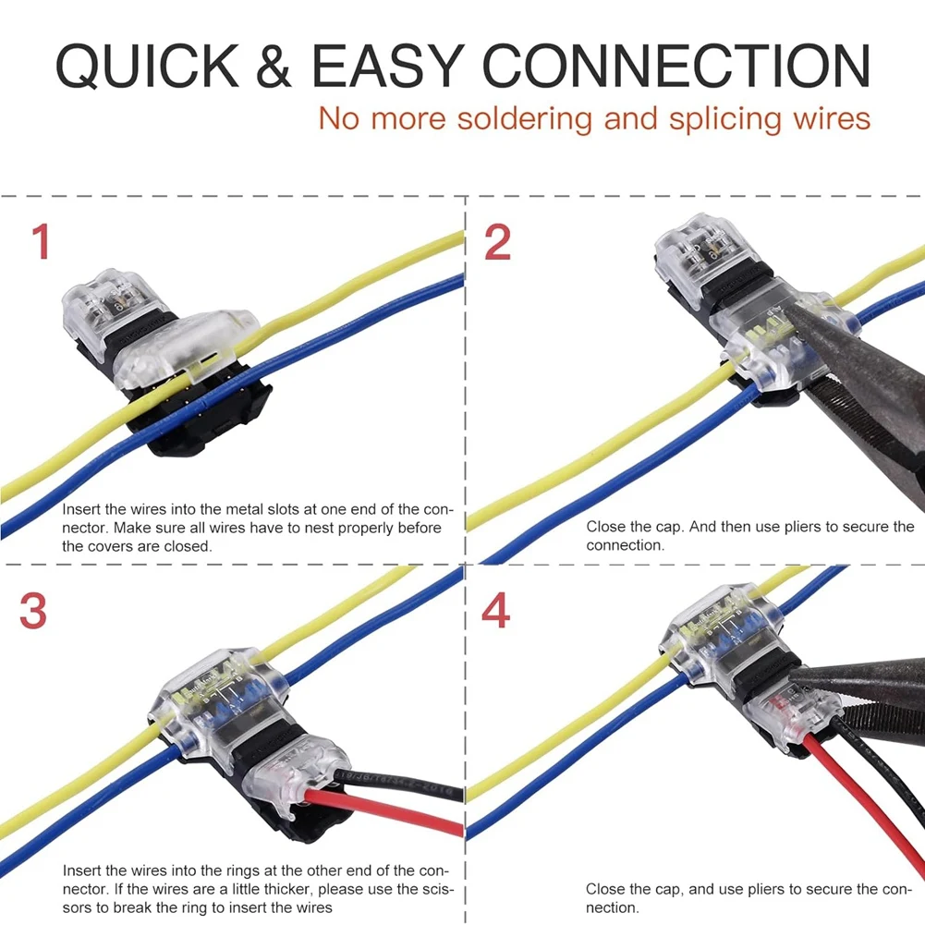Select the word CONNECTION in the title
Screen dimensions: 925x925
coord(675,66)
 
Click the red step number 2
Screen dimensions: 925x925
coord(497,242)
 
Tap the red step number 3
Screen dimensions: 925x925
coord(34,611)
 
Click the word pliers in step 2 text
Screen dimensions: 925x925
coord(798,526)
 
